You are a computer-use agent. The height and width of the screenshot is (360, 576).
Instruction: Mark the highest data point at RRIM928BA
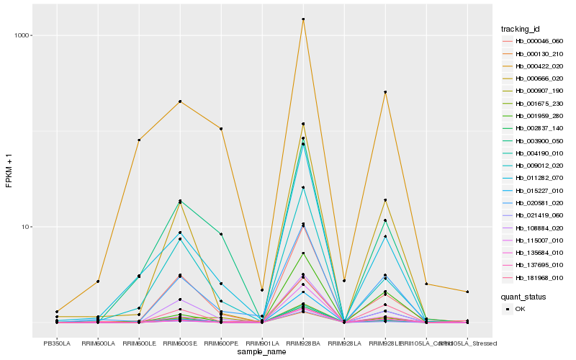pos(303,19)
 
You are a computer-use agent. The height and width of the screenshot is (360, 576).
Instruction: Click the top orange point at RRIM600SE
pos(180,102)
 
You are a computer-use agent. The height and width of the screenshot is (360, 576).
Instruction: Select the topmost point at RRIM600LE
pos(139,140)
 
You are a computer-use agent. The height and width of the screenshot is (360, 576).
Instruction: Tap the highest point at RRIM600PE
pos(221,129)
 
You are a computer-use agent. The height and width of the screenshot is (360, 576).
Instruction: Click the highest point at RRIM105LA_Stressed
pos(467,292)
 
